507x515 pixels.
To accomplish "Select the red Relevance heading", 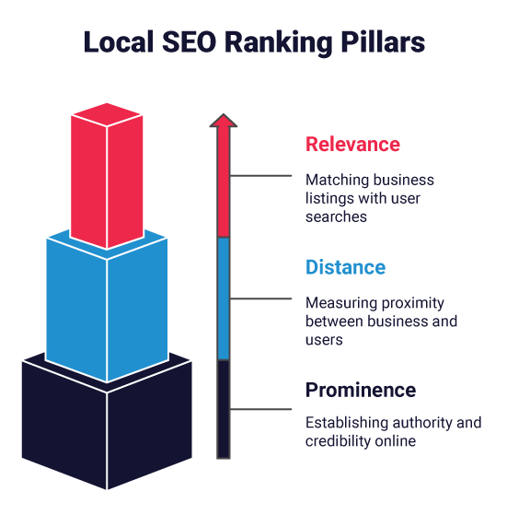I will pyautogui.click(x=352, y=145).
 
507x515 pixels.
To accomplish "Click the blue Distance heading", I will pyautogui.click(x=345, y=268).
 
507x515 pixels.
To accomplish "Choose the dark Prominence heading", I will pyautogui.click(x=360, y=390).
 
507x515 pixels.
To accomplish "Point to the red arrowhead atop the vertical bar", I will pyautogui.click(x=222, y=121).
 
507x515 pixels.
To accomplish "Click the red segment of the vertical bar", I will pyautogui.click(x=222, y=184).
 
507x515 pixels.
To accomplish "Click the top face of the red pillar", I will pyautogui.click(x=108, y=114).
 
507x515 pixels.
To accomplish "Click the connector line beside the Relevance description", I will pyautogui.click(x=262, y=175).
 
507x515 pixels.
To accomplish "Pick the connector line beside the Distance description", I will pyautogui.click(x=262, y=298).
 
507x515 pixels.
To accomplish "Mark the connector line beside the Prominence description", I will pyautogui.click(x=262, y=409).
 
